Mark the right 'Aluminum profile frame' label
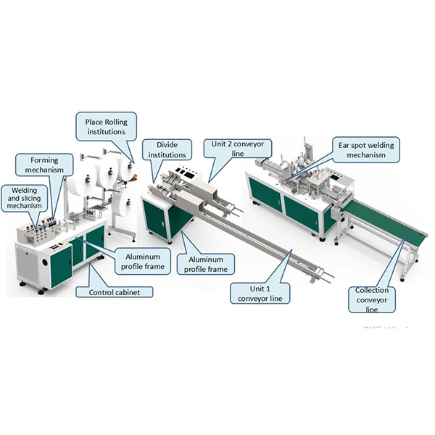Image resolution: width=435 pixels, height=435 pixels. pos(207,264)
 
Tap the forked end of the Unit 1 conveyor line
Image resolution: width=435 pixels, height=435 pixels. pos(326,275)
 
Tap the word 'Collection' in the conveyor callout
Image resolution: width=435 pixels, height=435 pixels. pos(371,290)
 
